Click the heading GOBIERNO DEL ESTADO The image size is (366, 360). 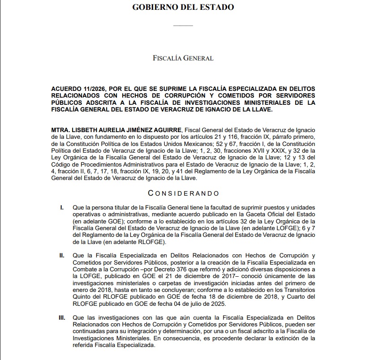point(183,7)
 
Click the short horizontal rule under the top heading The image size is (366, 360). point(183,26)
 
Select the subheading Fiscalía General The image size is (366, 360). point(183,58)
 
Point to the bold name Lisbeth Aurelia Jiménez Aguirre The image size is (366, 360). point(117,129)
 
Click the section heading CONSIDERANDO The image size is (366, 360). point(184,193)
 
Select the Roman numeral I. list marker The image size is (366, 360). point(62,208)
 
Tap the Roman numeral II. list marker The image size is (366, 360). point(62,255)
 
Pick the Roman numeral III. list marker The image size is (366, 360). point(62,317)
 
